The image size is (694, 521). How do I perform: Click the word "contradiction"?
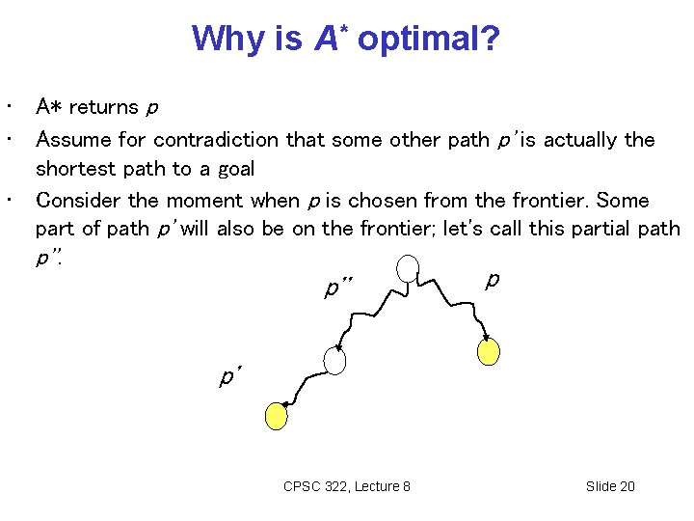coord(218,140)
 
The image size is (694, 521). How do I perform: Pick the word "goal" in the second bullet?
coord(235,170)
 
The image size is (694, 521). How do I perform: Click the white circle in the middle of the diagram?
coord(334,361)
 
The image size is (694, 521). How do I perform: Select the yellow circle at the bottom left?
coord(277,415)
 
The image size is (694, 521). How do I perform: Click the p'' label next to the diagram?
coord(339,288)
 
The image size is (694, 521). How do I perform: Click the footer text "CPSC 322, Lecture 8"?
coord(346,486)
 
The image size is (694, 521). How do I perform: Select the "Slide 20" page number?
coord(610,486)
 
